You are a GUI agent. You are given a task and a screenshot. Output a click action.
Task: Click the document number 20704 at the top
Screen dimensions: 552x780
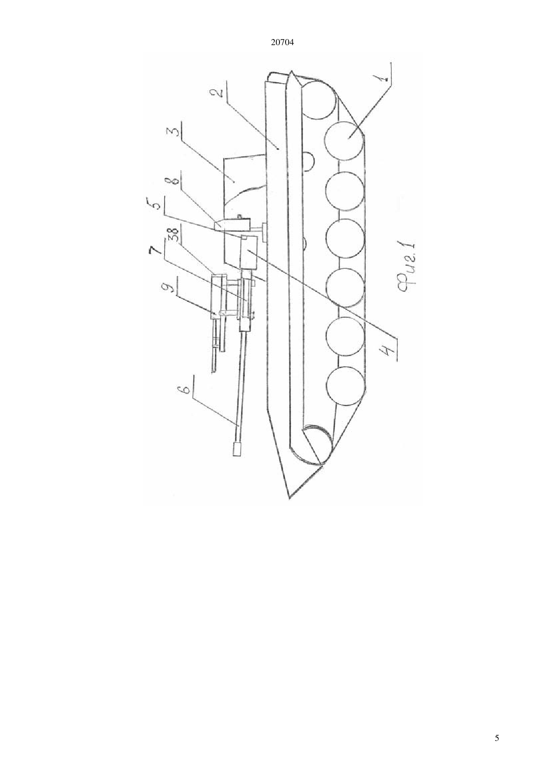coord(282,43)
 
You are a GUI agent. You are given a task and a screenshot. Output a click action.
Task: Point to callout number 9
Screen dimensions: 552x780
coord(170,289)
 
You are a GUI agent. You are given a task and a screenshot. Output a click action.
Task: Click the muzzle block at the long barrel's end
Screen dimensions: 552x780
coord(237,449)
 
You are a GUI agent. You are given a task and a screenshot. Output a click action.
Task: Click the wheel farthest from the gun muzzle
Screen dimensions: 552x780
coord(321,99)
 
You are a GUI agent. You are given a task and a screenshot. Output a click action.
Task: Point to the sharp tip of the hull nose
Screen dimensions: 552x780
coord(289,499)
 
